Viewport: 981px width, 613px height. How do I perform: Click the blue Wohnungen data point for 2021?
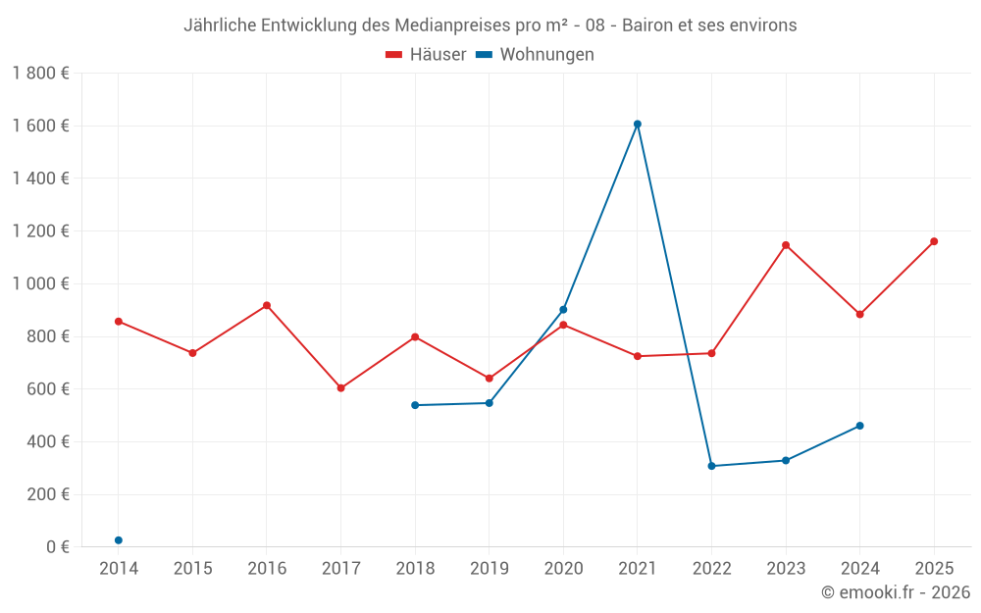click(638, 125)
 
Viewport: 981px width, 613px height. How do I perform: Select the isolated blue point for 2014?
click(119, 540)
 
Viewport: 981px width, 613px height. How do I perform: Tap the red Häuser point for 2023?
click(786, 245)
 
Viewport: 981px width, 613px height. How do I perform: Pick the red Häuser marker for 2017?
click(341, 388)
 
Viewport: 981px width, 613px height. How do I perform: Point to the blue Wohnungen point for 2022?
click(712, 466)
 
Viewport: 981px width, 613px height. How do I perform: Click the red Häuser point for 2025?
click(934, 241)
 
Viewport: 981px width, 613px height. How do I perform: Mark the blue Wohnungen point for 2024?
click(860, 426)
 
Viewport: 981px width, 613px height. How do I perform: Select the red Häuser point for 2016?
click(267, 306)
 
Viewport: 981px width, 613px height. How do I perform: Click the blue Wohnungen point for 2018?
click(415, 405)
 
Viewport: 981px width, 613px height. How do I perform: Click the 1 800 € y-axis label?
click(40, 74)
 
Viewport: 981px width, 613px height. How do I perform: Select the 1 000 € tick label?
click(40, 283)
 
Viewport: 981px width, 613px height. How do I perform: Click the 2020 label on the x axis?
click(563, 569)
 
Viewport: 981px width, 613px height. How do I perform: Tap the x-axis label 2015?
click(192, 569)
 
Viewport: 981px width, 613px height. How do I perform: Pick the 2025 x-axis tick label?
click(934, 569)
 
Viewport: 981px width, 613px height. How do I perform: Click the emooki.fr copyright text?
click(896, 592)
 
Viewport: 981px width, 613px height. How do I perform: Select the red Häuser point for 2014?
click(119, 322)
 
